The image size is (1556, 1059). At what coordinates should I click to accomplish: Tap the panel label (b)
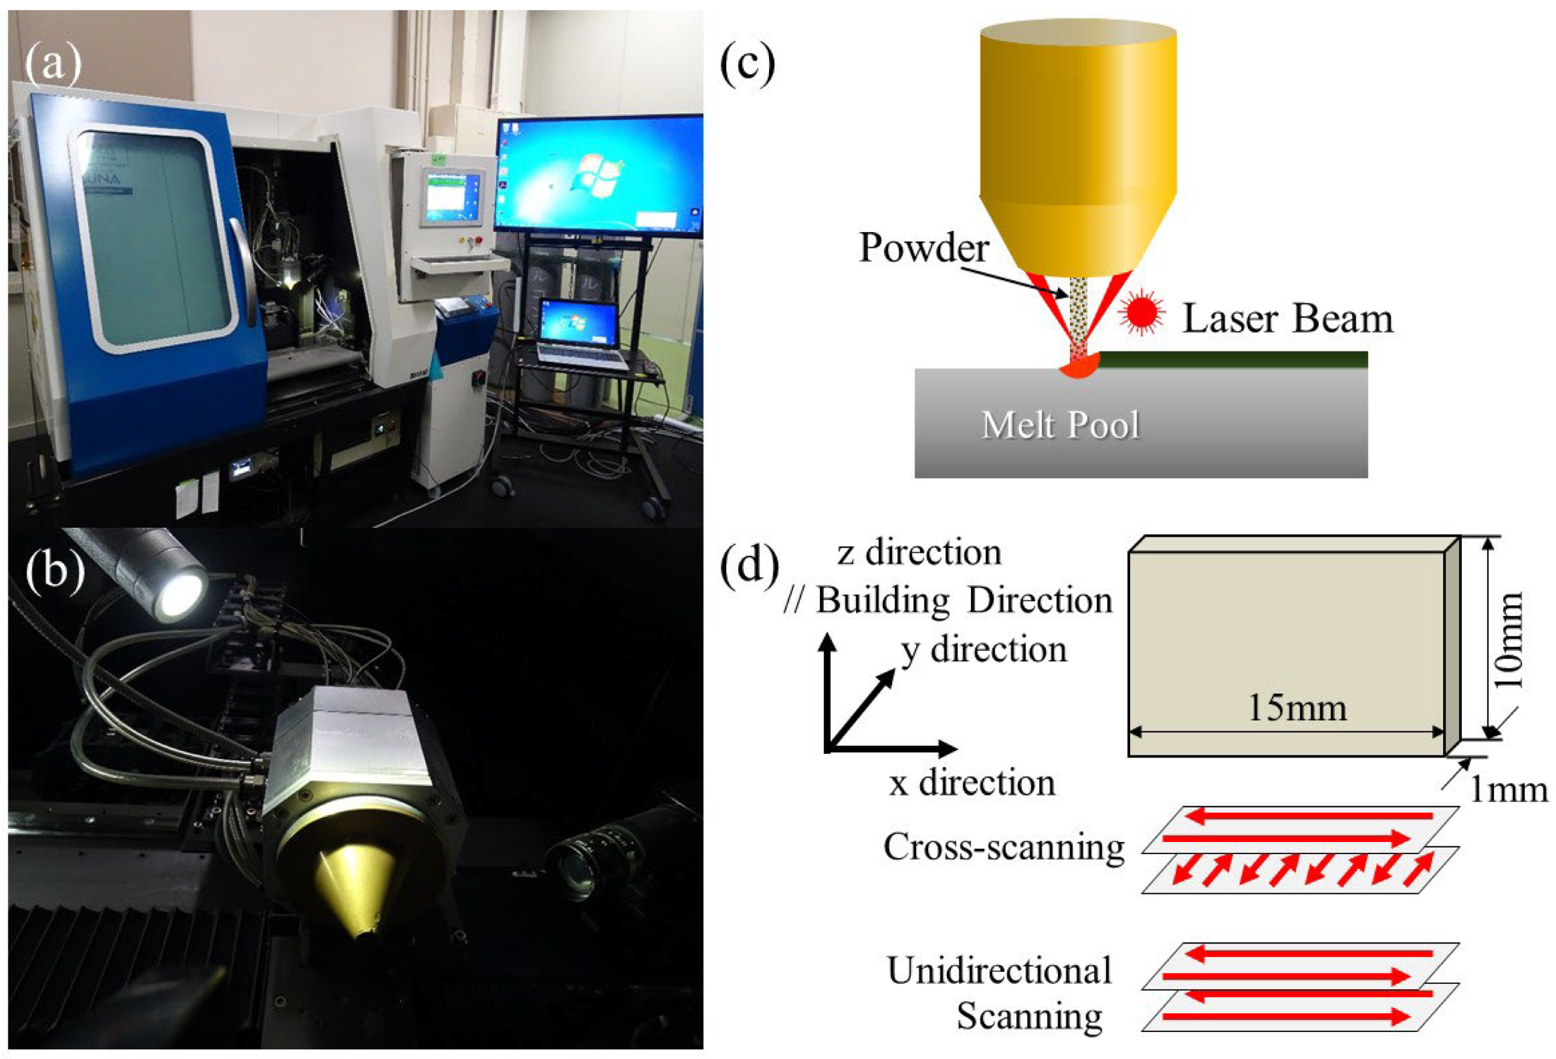[x=55, y=572]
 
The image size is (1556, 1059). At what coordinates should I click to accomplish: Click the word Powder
[x=923, y=247]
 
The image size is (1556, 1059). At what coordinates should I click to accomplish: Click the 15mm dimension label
[x=1297, y=708]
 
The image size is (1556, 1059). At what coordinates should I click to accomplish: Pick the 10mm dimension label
[x=1510, y=640]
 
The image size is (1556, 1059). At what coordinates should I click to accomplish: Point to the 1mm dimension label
[x=1508, y=790]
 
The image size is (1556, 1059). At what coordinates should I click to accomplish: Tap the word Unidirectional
[x=999, y=971]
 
